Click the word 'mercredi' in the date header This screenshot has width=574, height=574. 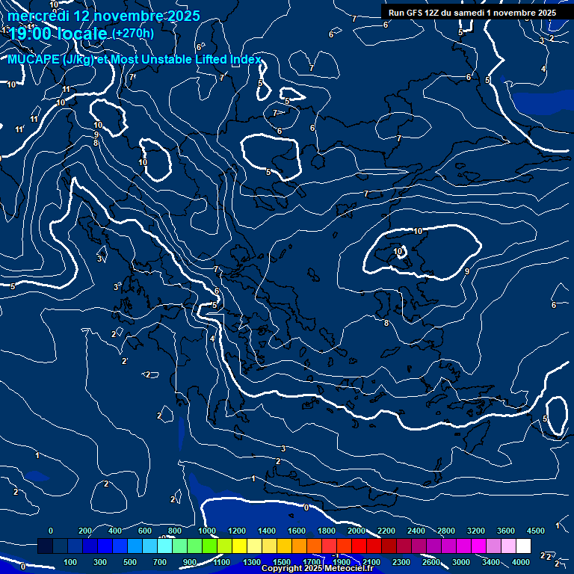tap(34, 16)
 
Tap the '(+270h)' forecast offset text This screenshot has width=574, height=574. tap(133, 33)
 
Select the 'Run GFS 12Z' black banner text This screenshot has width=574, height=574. tap(424, 13)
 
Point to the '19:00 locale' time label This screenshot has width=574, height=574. tap(58, 34)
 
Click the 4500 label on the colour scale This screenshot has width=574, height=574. tap(535, 531)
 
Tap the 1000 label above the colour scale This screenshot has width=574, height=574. tap(207, 531)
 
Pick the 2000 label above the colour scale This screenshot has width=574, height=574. tap(357, 531)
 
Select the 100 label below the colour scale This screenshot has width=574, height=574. tap(70, 562)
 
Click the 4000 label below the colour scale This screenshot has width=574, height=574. tap(521, 562)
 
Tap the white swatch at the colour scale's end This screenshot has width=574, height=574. tap(523, 546)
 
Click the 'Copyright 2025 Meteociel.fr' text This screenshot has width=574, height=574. tap(317, 569)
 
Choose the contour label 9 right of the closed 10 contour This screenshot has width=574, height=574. tap(467, 271)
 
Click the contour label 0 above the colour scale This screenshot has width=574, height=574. tap(306, 507)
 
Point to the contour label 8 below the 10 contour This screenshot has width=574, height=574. tap(386, 323)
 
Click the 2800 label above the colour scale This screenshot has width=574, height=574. tap(446, 531)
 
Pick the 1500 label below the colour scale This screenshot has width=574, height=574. tap(282, 562)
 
